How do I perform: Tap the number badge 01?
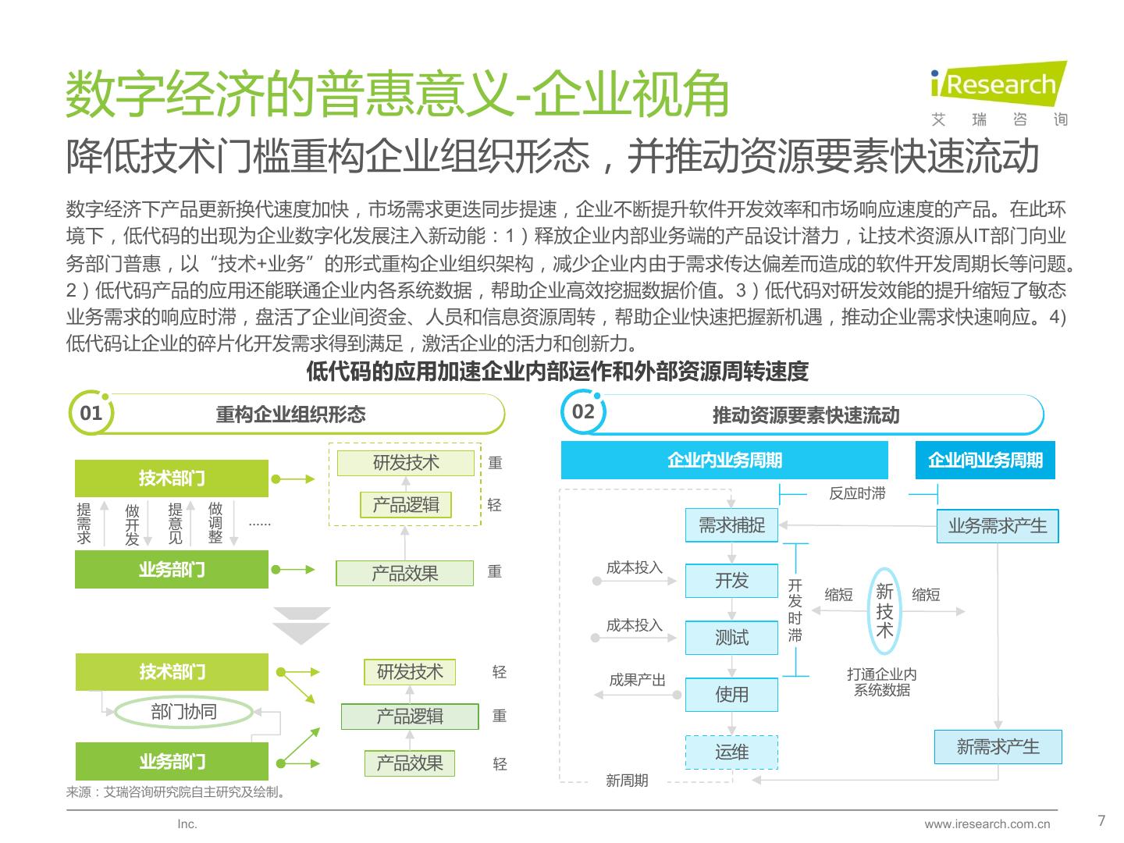click(91, 413)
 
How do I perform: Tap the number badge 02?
click(583, 412)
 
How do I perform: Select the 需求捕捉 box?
click(731, 525)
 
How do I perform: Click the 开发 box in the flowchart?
click(731, 581)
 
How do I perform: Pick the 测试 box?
click(731, 638)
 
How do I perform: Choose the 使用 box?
click(731, 694)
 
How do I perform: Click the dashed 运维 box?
click(731, 752)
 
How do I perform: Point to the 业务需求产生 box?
click(997, 526)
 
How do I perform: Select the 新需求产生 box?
click(998, 747)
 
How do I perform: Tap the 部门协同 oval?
click(184, 712)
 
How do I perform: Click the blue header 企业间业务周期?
click(984, 461)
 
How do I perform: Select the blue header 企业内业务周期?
click(724, 461)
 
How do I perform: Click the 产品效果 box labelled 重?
click(404, 574)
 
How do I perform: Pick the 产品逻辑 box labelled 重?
click(410, 717)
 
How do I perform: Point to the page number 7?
click(1101, 820)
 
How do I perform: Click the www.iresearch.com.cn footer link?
click(987, 824)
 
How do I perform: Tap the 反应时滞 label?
click(857, 493)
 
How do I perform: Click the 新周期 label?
click(627, 781)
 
